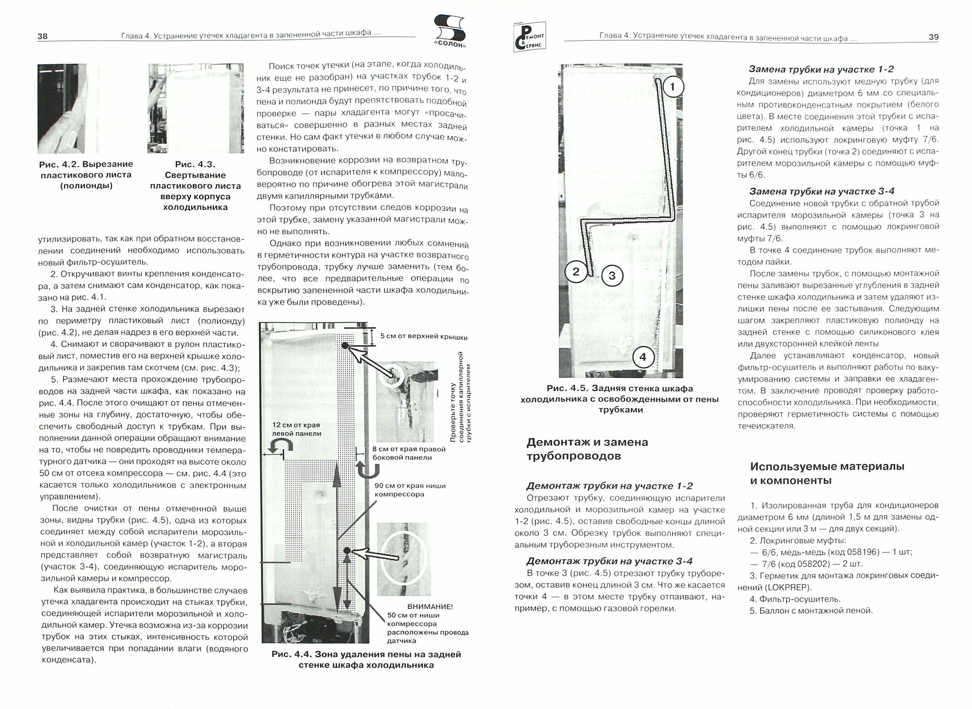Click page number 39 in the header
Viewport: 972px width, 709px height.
[x=934, y=37]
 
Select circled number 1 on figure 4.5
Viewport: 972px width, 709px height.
[x=673, y=88]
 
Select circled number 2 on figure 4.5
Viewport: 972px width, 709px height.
[x=576, y=271]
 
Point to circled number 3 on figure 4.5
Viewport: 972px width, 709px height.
[x=612, y=276]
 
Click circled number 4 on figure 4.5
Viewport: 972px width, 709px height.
[x=642, y=357]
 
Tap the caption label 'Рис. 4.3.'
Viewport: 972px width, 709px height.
[x=195, y=164]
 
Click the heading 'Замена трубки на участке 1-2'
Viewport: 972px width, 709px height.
[x=821, y=69]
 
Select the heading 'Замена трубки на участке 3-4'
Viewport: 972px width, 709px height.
[x=821, y=191]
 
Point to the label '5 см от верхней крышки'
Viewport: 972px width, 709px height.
[x=424, y=337]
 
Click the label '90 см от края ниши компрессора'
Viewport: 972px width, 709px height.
[x=409, y=490]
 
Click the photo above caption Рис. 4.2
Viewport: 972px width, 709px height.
[x=62, y=109]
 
